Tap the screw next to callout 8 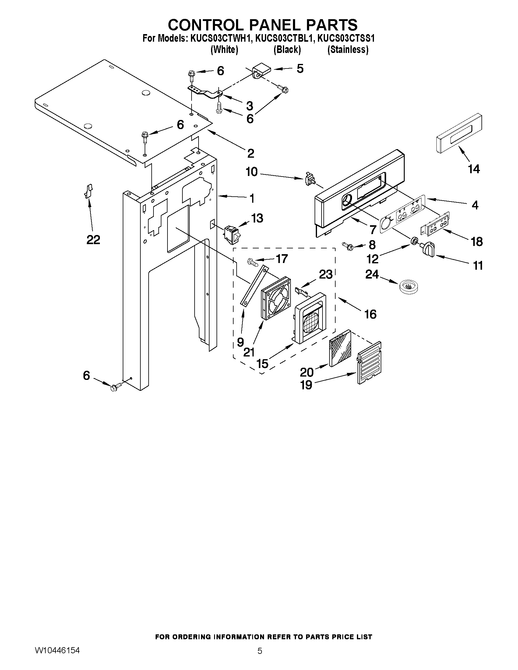[348, 245]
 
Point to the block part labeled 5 [262, 71]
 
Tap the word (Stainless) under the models [348, 49]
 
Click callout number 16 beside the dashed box [370, 314]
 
